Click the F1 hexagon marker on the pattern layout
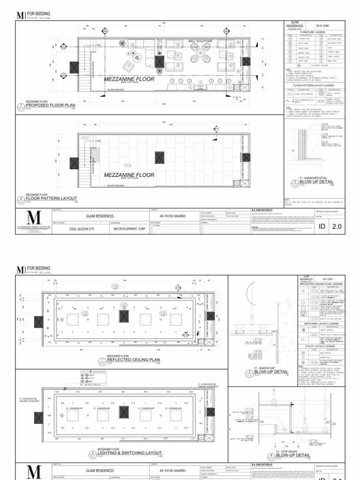click(x=216, y=128)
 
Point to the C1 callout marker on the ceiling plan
click(x=178, y=287)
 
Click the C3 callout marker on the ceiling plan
click(x=186, y=335)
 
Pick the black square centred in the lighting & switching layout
click(x=124, y=412)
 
